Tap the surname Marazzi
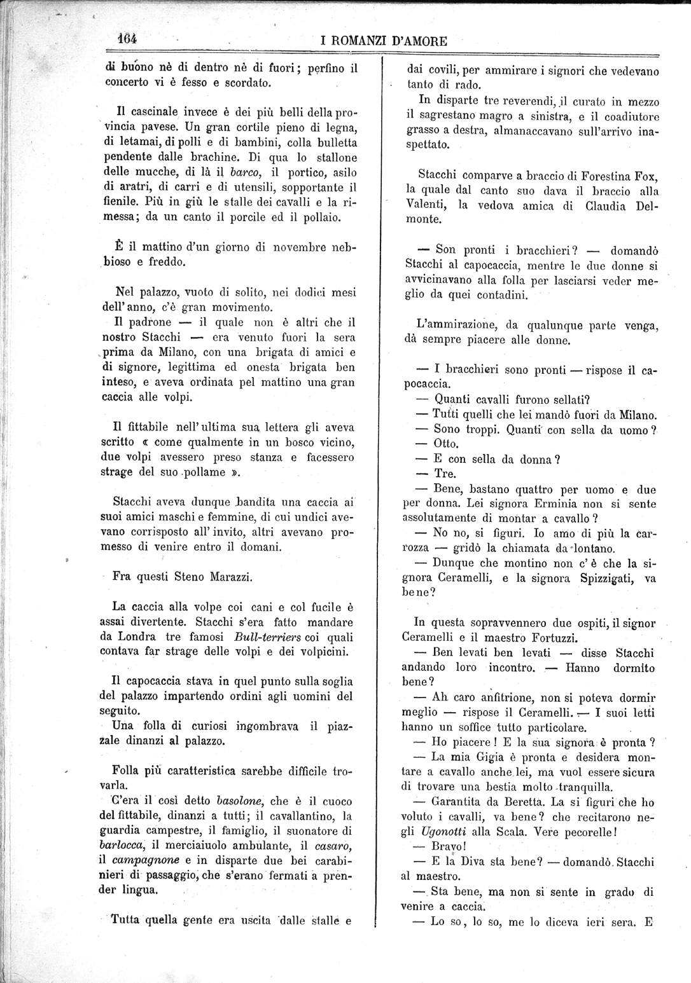[231, 577]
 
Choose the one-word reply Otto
[445, 444]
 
